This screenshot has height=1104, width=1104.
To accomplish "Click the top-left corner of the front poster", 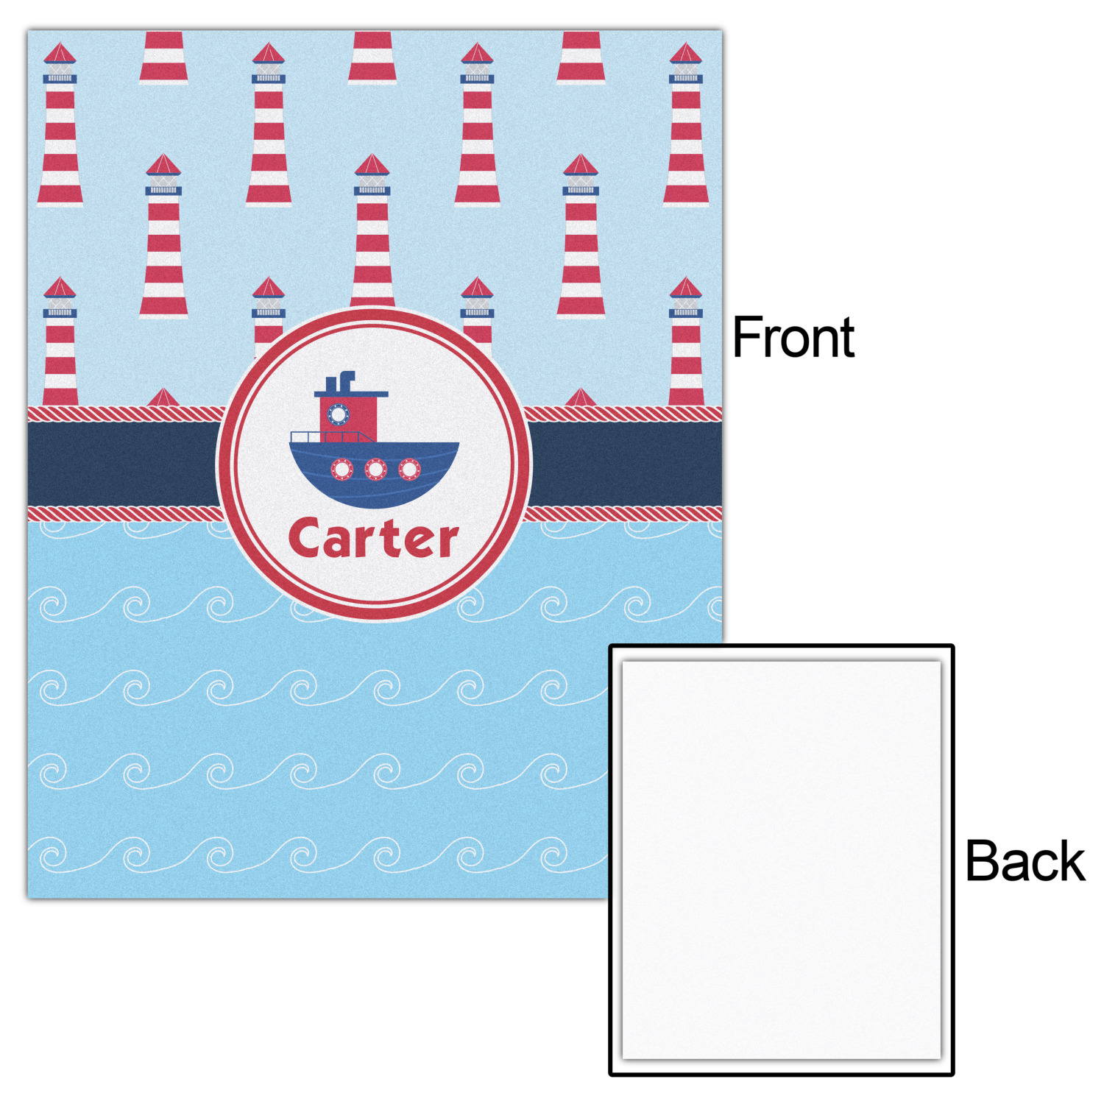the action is point(28,31).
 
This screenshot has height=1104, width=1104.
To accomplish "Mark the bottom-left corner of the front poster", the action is point(28,899).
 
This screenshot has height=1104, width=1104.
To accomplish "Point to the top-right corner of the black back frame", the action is point(955,645).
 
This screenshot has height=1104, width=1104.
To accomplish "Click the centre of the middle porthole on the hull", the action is point(375,469).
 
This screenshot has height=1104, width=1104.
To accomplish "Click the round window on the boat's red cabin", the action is point(338,415).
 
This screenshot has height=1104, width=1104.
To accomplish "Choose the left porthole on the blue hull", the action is point(342,469).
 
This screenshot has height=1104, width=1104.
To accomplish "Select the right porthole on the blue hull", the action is point(409,469).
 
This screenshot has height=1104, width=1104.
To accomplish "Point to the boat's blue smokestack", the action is point(346,381).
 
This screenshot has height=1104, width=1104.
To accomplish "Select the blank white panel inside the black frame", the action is point(782,860).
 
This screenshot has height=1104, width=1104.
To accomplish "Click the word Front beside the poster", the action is point(794,337).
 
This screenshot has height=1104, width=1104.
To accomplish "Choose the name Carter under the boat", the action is point(374,537).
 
